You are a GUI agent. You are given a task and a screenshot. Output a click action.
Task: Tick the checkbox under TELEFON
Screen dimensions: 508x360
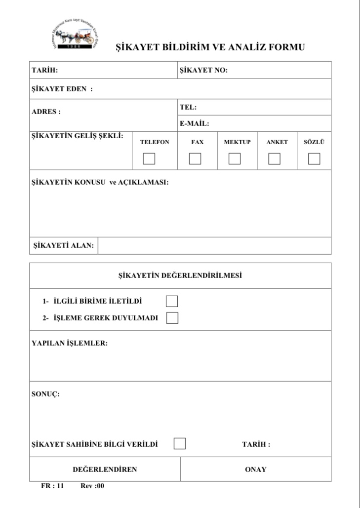point(149,159)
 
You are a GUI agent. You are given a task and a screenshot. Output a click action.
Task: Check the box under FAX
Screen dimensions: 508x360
point(195,159)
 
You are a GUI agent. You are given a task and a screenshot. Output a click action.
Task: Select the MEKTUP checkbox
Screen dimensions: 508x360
point(235,159)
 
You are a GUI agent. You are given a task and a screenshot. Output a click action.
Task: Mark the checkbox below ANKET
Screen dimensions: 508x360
point(274,159)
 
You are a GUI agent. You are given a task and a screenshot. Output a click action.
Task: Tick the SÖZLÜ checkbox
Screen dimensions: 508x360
point(314,159)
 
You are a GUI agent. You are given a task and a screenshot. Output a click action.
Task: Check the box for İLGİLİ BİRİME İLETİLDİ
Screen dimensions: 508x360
point(172,301)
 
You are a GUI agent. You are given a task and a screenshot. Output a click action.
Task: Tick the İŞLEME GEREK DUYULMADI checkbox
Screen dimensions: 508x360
point(172,318)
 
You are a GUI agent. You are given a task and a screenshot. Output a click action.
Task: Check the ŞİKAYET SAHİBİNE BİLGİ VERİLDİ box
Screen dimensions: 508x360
point(180,443)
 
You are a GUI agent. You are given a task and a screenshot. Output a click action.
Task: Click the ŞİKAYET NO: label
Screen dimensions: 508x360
point(203,70)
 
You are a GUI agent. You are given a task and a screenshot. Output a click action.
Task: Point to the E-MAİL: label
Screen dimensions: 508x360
point(194,123)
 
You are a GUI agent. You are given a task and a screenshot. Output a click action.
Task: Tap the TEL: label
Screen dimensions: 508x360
point(188,107)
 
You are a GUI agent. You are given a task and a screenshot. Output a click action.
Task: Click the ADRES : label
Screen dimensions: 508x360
point(46,112)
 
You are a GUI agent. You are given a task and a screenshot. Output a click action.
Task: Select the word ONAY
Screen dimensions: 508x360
point(255,469)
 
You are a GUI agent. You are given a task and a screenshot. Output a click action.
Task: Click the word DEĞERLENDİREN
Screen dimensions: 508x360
point(105,469)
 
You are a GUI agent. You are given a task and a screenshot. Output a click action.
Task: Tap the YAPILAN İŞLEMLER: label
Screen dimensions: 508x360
point(70,343)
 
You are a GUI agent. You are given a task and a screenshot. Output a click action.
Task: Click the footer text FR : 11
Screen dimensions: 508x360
point(52,486)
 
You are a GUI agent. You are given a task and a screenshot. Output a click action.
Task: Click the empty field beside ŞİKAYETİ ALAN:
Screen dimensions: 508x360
point(214,245)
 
